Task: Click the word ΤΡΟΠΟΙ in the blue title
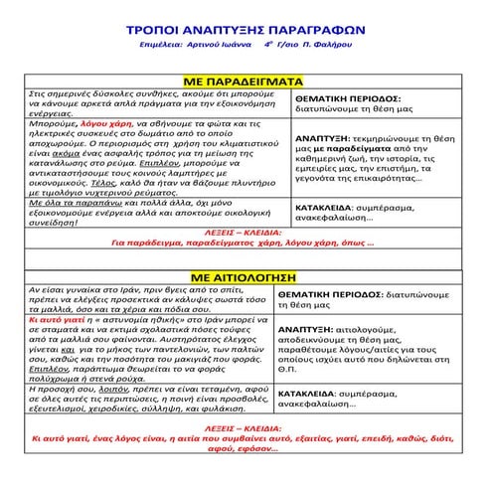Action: tap(161, 30)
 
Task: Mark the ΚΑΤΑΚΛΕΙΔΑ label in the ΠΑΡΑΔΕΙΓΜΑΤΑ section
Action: tap(332, 211)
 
